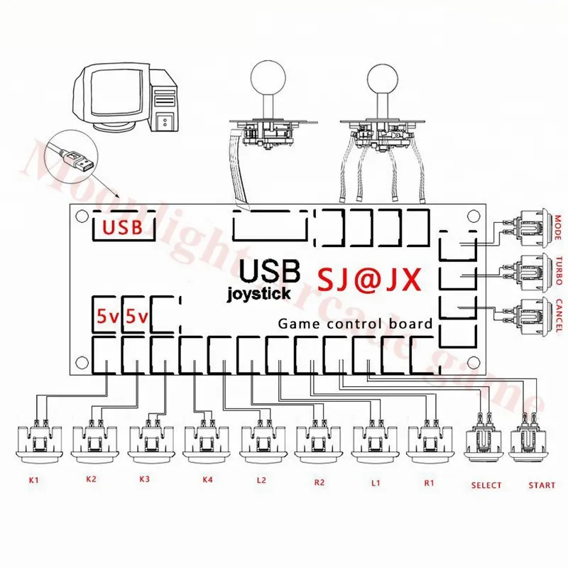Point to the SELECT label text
point(486,486)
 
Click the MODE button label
point(559,229)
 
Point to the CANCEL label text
point(559,313)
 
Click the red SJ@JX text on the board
point(368,277)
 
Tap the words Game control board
point(355,324)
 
